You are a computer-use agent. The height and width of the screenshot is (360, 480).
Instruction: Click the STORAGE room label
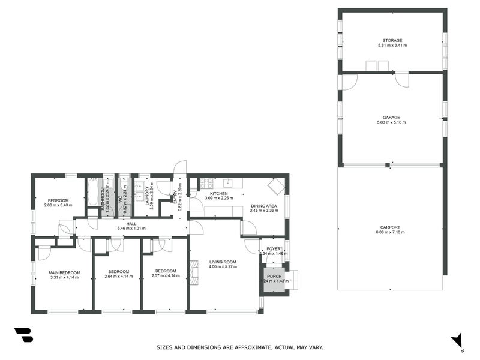coord(392,41)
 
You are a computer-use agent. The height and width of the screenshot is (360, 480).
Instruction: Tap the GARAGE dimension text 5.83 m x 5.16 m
coord(391,122)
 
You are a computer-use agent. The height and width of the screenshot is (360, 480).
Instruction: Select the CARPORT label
coord(390,227)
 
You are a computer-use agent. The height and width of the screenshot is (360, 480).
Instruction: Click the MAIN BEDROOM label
coord(64,272)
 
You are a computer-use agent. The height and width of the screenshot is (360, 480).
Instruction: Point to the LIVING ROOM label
coord(223,262)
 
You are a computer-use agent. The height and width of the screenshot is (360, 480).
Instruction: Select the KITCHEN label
coord(218,194)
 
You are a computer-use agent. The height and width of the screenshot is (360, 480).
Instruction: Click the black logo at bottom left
coord(23,335)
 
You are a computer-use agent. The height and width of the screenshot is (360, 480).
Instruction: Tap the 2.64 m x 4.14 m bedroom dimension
coord(117,277)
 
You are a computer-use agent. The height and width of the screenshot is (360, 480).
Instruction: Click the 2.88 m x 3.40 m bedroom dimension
coord(58,205)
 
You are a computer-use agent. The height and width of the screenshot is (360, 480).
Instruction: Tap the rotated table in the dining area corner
coord(276,186)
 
